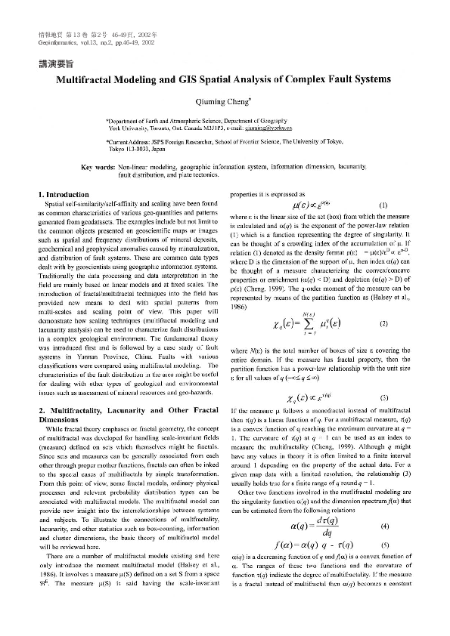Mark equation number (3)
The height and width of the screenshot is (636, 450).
pos(384,398)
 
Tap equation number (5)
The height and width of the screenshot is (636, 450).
pos(384,523)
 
